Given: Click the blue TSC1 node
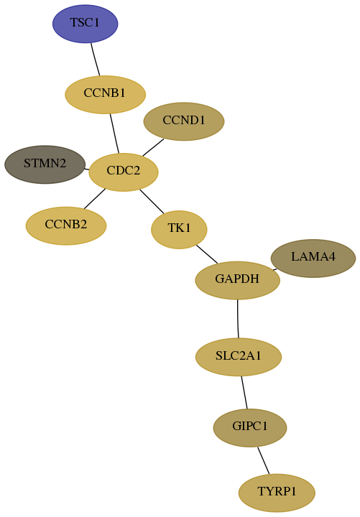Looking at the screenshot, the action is pyautogui.click(x=85, y=24).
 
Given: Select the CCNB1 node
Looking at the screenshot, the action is pyautogui.click(x=105, y=95).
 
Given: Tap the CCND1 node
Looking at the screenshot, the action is pyautogui.click(x=184, y=121).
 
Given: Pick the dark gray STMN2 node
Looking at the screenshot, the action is pyautogui.click(x=45, y=164).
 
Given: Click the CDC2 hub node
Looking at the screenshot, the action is pyautogui.click(x=124, y=172).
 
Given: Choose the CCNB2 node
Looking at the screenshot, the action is pyautogui.click(x=66, y=226).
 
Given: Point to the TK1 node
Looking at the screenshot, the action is pyautogui.click(x=179, y=230).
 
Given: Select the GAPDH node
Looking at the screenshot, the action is pyautogui.click(x=238, y=280).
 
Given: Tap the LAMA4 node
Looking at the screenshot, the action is pyautogui.click(x=313, y=258).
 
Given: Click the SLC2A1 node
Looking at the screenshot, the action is pyautogui.click(x=239, y=357).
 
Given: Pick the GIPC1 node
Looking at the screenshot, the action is pyautogui.click(x=250, y=428).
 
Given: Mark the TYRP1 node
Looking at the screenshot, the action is pyautogui.click(x=277, y=493).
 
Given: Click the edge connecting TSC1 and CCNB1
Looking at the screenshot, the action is pyautogui.click(x=96, y=60).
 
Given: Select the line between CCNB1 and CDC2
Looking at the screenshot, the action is pyautogui.click(x=114, y=134).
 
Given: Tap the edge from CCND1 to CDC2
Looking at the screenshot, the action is pyautogui.click(x=153, y=147).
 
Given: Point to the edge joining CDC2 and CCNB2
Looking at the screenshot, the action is pyautogui.click(x=95, y=199).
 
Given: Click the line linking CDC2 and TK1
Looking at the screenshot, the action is pyautogui.click(x=152, y=201).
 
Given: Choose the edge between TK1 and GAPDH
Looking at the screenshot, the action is pyautogui.click(x=207, y=254).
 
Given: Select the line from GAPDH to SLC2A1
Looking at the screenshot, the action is pyautogui.click(x=238, y=319).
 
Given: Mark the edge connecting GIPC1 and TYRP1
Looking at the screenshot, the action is pyautogui.click(x=263, y=460).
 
